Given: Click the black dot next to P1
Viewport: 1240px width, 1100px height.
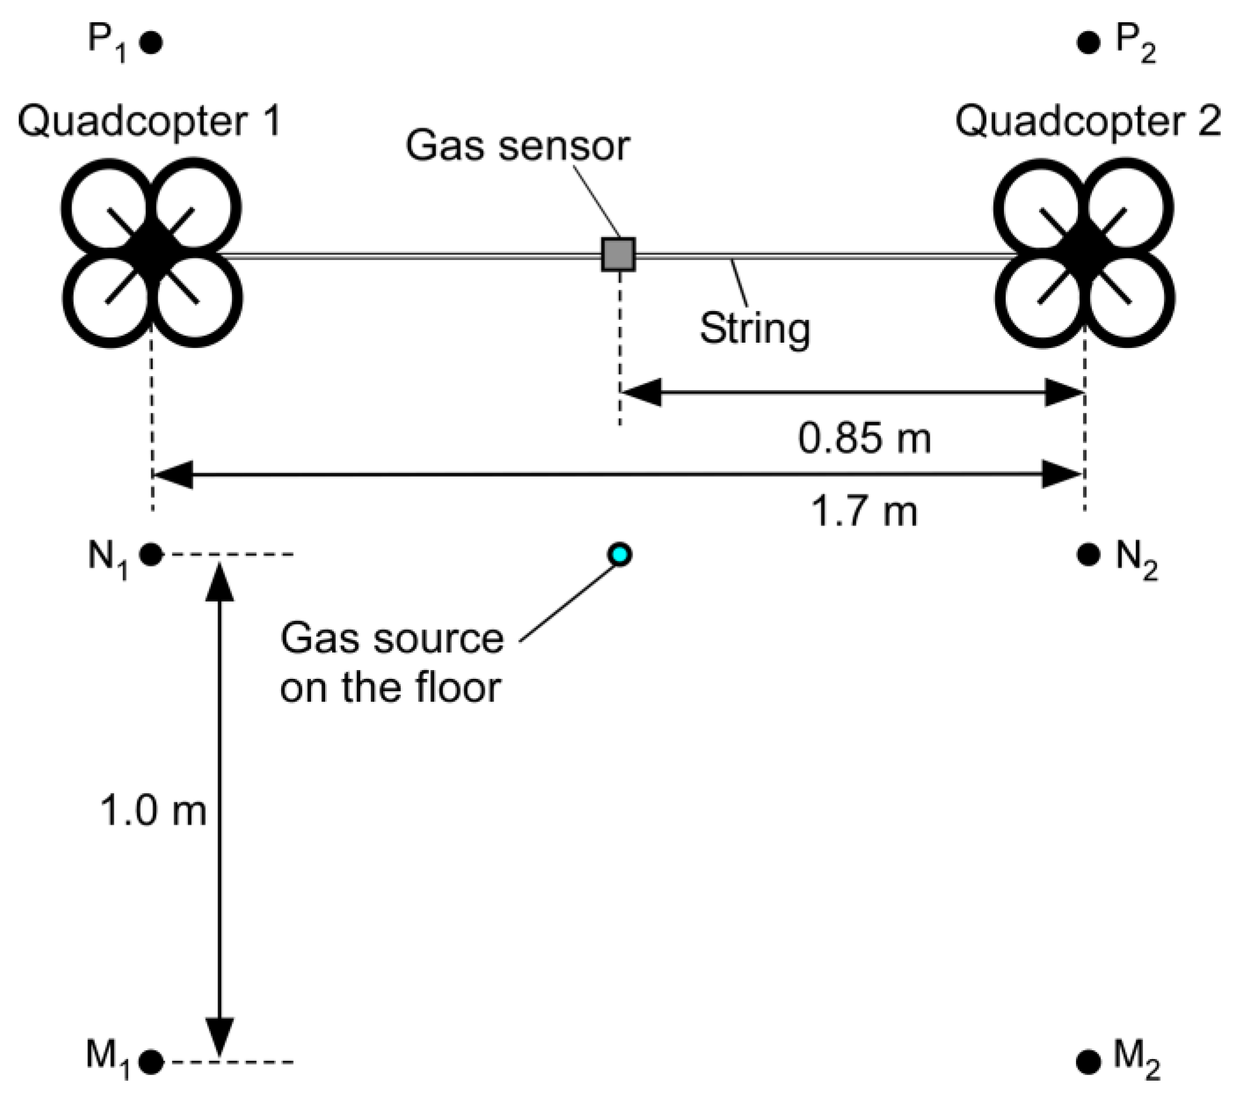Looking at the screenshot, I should click(x=151, y=43).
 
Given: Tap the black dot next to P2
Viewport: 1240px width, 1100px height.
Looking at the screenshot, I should click(x=1088, y=43).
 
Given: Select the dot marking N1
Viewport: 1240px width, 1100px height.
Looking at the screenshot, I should click(x=151, y=554).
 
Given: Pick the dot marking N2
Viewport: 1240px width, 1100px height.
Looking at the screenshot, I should click(x=1088, y=554).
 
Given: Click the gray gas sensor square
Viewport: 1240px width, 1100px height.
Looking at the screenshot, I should click(x=618, y=254).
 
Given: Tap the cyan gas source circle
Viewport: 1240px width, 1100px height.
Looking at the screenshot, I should click(x=619, y=554).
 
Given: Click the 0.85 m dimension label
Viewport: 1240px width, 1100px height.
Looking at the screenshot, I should click(x=864, y=439).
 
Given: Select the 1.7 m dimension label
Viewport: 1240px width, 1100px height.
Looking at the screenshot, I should click(x=864, y=511).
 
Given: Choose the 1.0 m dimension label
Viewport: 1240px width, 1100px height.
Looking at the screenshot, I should click(x=153, y=811).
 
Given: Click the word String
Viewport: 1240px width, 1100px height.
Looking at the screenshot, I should click(x=754, y=328).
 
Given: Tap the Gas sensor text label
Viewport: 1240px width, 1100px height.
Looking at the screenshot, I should click(x=517, y=146).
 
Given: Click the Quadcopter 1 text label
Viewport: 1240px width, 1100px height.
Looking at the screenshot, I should click(x=150, y=121).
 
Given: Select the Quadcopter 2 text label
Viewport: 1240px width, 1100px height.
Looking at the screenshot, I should click(x=1088, y=121).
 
